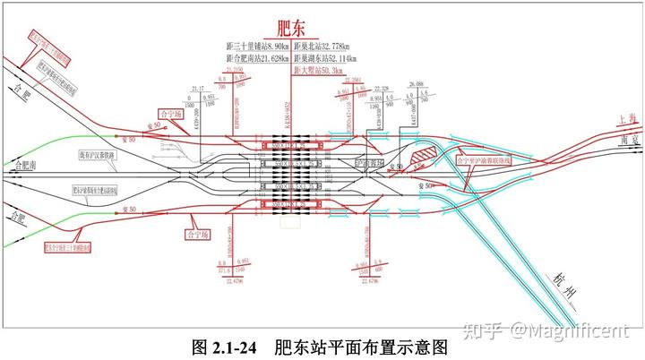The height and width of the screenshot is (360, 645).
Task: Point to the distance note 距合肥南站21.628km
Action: click(258, 58)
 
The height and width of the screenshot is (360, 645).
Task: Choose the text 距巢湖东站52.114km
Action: click(325, 58)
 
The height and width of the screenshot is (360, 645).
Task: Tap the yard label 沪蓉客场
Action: click(368, 164)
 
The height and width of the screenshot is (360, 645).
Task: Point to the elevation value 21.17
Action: click(199, 89)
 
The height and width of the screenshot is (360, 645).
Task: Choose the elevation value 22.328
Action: click(383, 89)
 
